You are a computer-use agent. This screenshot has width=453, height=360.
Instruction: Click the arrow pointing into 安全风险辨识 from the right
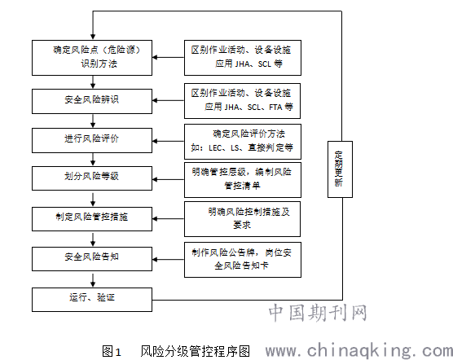click(168, 100)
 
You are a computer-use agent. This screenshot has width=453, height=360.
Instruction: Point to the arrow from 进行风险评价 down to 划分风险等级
click(93, 160)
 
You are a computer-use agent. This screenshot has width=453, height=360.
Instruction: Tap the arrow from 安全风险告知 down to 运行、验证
click(93, 279)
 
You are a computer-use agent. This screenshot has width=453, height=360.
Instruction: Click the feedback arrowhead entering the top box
click(93, 37)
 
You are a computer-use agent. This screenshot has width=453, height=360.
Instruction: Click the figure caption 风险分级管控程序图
click(195, 351)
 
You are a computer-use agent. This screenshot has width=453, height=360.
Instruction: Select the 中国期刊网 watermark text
click(318, 313)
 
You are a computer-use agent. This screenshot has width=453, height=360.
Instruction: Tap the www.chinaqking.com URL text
click(359, 350)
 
